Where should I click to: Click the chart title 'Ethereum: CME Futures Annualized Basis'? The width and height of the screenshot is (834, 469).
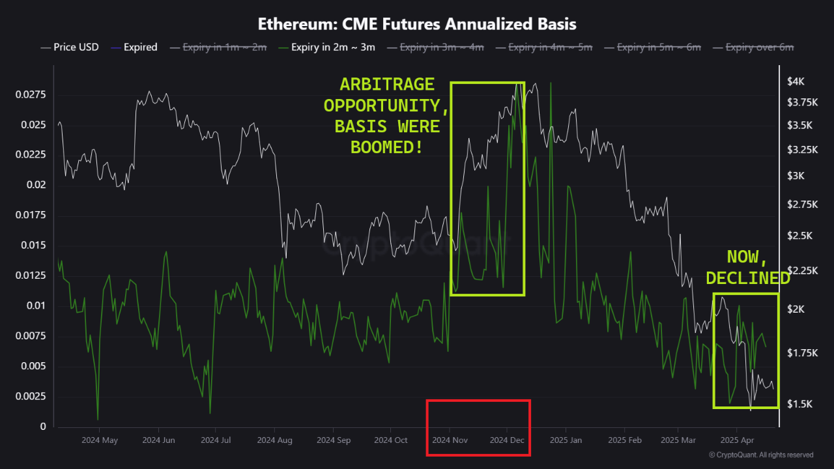pyautogui.click(x=417, y=24)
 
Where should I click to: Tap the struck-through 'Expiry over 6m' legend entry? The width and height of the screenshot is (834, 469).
pyautogui.click(x=759, y=47)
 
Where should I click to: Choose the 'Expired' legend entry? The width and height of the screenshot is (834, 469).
pyautogui.click(x=140, y=47)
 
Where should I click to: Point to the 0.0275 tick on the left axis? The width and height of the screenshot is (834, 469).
pyautogui.click(x=31, y=95)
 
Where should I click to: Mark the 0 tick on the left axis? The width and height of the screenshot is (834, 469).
pyautogui.click(x=43, y=427)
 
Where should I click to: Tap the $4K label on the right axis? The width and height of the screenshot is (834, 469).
pyautogui.click(x=796, y=81)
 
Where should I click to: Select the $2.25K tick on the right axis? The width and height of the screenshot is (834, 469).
pyautogui.click(x=801, y=270)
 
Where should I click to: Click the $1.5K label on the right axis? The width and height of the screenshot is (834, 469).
pyautogui.click(x=799, y=404)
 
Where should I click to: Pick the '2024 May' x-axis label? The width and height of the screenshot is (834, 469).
pyautogui.click(x=100, y=440)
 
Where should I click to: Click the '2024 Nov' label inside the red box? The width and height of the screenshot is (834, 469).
pyautogui.click(x=451, y=440)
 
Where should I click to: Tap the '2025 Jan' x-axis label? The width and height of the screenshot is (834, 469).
pyautogui.click(x=566, y=440)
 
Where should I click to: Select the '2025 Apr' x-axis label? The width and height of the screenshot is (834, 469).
pyautogui.click(x=736, y=440)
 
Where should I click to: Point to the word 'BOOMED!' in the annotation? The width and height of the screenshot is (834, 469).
pyautogui.click(x=386, y=147)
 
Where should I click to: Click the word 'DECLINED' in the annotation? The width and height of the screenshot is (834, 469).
pyautogui.click(x=747, y=277)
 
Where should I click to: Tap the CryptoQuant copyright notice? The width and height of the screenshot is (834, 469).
pyautogui.click(x=761, y=455)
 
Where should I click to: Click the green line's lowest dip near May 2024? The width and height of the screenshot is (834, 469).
pyautogui.click(x=98, y=419)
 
